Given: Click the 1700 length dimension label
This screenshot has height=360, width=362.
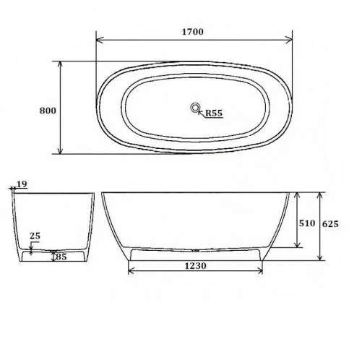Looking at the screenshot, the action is click(x=192, y=32).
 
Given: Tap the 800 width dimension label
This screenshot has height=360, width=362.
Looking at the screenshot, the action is click(x=48, y=111).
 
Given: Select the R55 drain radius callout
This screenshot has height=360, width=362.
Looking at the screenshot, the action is click(x=214, y=113).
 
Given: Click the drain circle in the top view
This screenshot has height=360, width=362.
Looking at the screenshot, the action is click(x=195, y=108).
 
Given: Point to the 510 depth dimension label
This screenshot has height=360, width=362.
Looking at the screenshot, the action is click(x=307, y=223).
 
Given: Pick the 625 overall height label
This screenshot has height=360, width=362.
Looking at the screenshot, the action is click(x=330, y=224).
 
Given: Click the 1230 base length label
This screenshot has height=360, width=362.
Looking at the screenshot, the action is click(x=196, y=266).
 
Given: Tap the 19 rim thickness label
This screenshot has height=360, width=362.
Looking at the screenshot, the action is click(x=22, y=184).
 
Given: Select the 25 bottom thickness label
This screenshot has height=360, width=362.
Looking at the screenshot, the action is click(x=35, y=236).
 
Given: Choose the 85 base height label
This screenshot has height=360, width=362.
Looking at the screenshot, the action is click(x=61, y=257).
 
